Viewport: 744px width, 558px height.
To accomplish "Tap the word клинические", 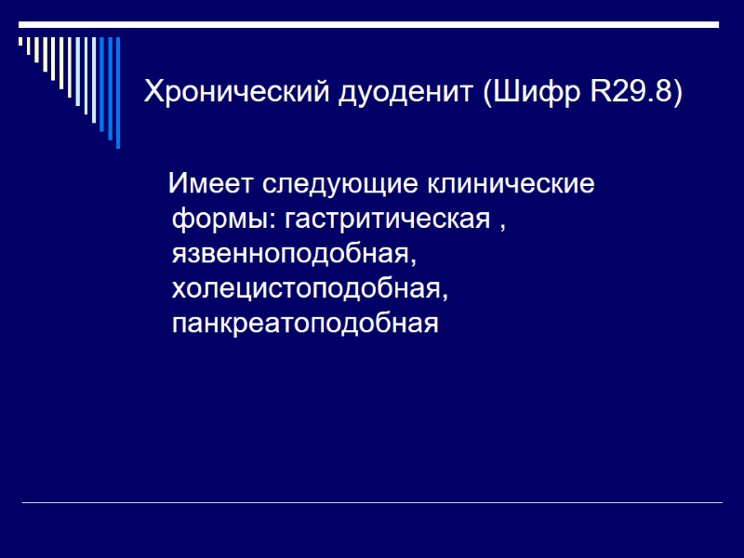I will (511, 184).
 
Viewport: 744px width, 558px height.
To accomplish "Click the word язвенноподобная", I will (288, 255).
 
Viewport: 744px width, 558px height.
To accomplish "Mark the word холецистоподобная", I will (307, 289).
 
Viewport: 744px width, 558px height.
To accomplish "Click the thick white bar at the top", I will (371, 24).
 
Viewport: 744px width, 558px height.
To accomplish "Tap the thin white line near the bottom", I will (371, 503).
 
